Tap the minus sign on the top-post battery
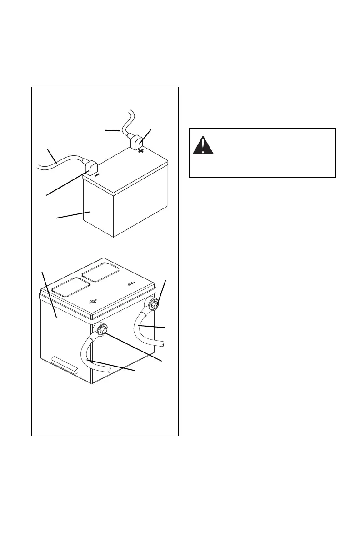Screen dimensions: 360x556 click(97, 174)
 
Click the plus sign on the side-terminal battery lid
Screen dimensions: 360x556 click(94, 301)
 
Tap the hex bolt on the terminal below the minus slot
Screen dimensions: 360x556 click(152, 304)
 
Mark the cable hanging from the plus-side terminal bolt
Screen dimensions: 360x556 click(87, 355)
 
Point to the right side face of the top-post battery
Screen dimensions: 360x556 click(141, 200)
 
